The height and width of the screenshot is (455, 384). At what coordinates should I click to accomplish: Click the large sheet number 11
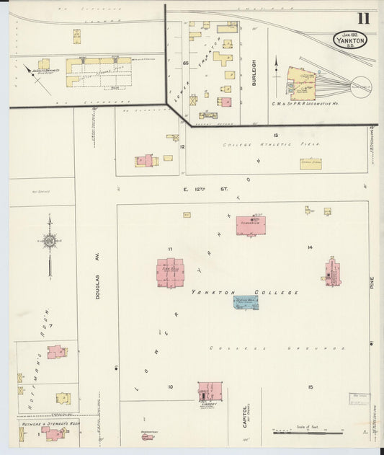363,19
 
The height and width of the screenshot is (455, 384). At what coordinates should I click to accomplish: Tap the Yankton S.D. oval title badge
349,40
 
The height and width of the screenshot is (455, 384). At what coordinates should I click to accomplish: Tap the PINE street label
372,280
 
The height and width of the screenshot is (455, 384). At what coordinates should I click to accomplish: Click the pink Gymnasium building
251,225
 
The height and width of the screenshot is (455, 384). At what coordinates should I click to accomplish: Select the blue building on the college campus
246,301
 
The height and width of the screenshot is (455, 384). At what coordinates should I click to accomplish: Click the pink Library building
210,393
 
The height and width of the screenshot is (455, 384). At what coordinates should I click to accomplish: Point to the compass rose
50,243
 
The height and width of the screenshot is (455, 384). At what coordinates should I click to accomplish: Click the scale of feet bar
308,433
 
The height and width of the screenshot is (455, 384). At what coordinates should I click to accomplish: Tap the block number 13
275,136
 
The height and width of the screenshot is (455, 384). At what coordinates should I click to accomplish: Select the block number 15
311,387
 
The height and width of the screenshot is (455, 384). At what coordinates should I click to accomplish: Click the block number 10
171,387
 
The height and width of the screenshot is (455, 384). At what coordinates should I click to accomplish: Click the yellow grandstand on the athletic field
311,164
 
